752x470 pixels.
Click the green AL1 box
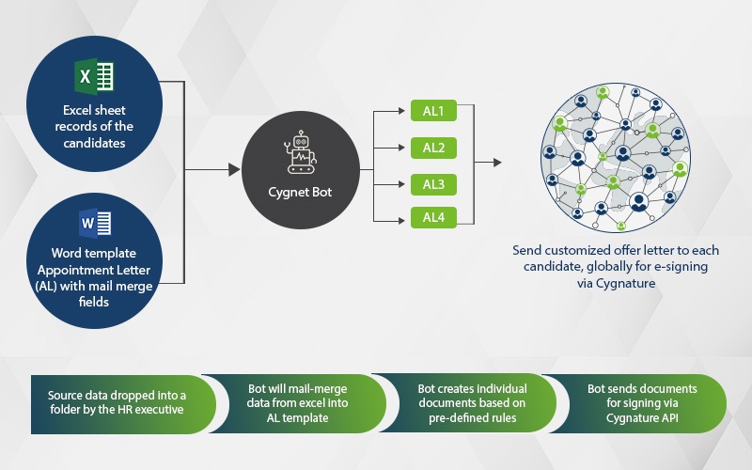[433, 111]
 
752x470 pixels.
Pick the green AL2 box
[433, 148]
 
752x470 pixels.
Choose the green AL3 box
[433, 183]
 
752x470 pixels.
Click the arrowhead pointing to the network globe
[496, 163]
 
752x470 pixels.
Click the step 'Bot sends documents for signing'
[641, 403]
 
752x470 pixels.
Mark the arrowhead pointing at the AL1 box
[405, 112]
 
